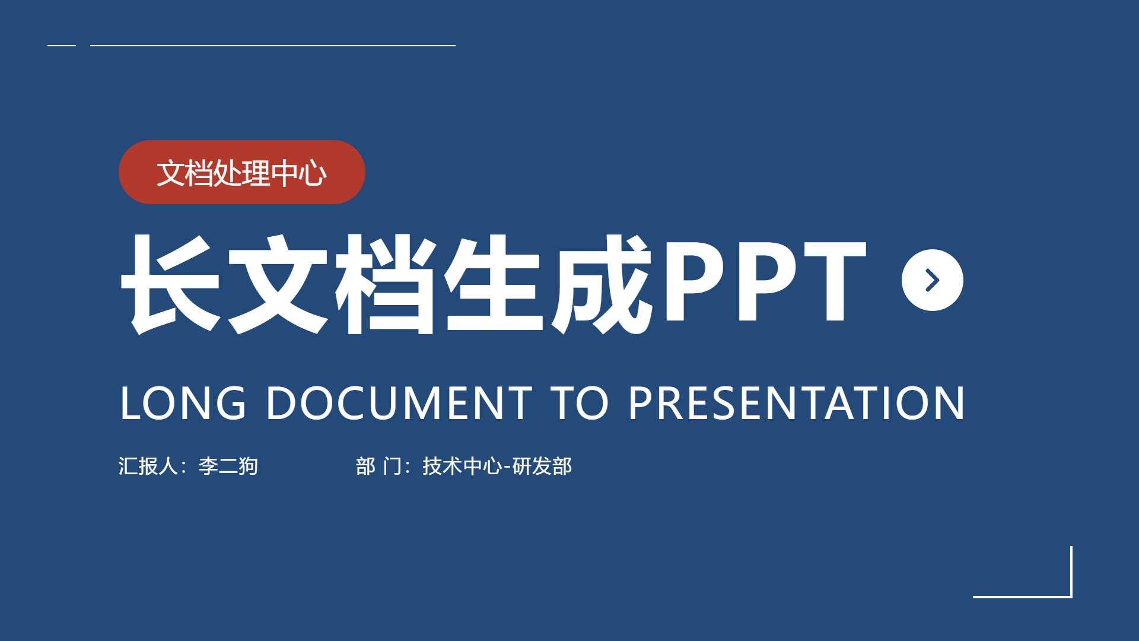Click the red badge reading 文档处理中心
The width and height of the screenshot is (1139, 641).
pos(242,172)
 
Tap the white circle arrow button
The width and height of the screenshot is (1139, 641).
pos(932,280)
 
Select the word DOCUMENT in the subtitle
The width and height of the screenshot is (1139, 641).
pos(399,403)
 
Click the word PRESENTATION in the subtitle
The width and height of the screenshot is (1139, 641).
pos(797,403)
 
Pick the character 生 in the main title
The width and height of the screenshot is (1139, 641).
pos(494,284)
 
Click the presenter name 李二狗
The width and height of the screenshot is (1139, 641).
pos(228,466)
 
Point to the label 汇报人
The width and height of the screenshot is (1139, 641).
pos(148,466)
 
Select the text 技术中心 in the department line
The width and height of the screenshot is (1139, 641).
pos(463,466)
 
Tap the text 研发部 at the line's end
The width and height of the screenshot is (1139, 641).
pos(542,466)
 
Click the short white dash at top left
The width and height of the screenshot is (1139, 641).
pos(62,45)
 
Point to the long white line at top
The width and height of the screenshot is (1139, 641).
pos(273,45)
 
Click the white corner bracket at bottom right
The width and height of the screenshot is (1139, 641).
pos(1071,596)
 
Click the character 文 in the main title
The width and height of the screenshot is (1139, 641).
pos(278,284)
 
